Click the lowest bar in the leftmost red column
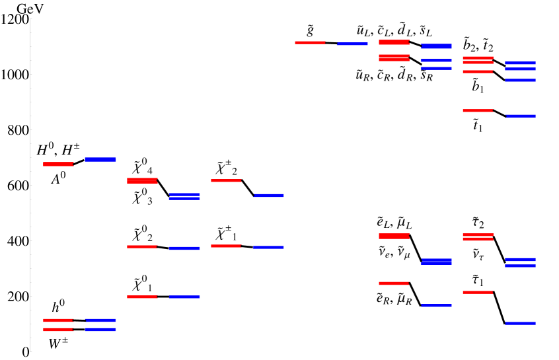click(58, 329)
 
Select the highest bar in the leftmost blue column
click(100, 159)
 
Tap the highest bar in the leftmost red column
click(58, 164)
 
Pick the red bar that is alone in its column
click(310, 42)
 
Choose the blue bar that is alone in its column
click(352, 44)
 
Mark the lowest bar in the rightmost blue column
click(520, 323)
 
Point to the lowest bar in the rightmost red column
click(478, 292)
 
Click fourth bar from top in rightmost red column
click(478, 110)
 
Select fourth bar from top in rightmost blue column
click(520, 116)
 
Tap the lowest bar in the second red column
click(142, 297)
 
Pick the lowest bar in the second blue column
click(184, 297)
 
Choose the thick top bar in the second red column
click(142, 180)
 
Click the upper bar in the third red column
click(226, 180)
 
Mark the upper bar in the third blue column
click(268, 196)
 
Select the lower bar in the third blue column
click(268, 247)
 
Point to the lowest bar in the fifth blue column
click(436, 305)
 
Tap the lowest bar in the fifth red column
click(394, 283)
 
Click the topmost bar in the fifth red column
click(394, 42)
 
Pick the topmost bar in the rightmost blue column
click(520, 63)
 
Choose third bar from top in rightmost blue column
click(520, 80)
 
